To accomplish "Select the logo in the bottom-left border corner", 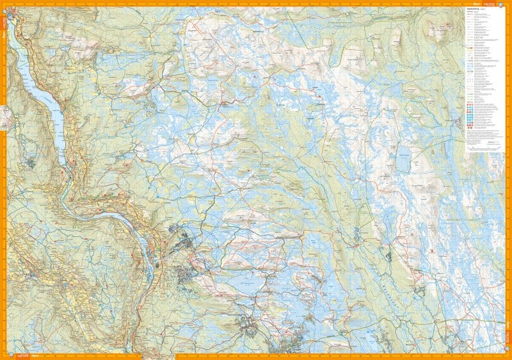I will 14,355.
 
